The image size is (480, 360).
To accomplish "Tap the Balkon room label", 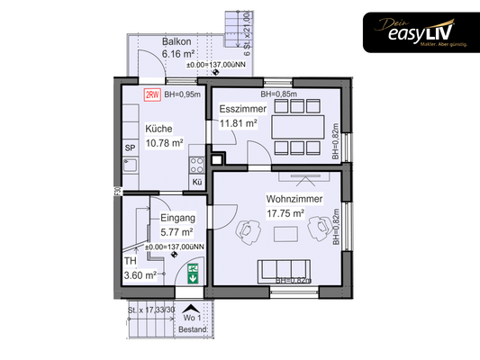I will click(177, 42).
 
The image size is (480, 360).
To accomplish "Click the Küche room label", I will click(158, 128).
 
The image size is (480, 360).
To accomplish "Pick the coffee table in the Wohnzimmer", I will click(288, 235).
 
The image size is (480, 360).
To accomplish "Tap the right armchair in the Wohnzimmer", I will click(318, 231).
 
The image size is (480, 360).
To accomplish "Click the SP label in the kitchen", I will click(130, 147).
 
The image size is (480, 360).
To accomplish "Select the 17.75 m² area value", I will click(285, 214).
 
